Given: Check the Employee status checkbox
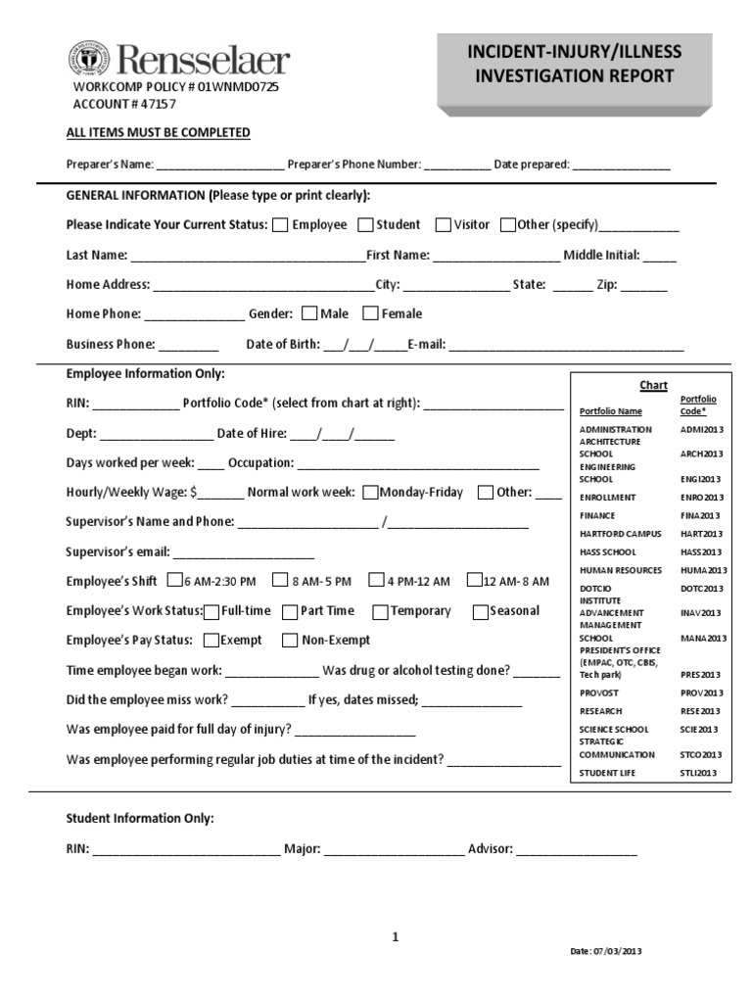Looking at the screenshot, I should (x=280, y=225).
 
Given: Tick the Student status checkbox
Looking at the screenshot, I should (x=365, y=225).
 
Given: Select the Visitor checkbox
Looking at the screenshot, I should (x=443, y=225).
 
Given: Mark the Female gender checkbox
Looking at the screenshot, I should (x=370, y=314).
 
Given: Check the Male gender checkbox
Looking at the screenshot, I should (x=309, y=314).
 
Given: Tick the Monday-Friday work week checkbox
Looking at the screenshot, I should (x=370, y=493).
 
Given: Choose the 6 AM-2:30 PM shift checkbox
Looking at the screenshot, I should (x=175, y=581).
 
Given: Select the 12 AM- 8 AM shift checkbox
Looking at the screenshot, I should (x=475, y=581).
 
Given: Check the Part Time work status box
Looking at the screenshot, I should (x=290, y=612).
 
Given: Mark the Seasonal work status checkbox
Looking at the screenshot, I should (x=481, y=612).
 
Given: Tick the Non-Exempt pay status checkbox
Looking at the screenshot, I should (x=290, y=642).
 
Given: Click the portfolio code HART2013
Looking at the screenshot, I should (x=700, y=534).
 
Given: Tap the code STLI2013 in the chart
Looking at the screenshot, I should (x=699, y=773).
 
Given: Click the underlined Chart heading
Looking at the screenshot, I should (x=653, y=386).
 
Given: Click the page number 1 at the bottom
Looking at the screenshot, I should (x=396, y=937).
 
